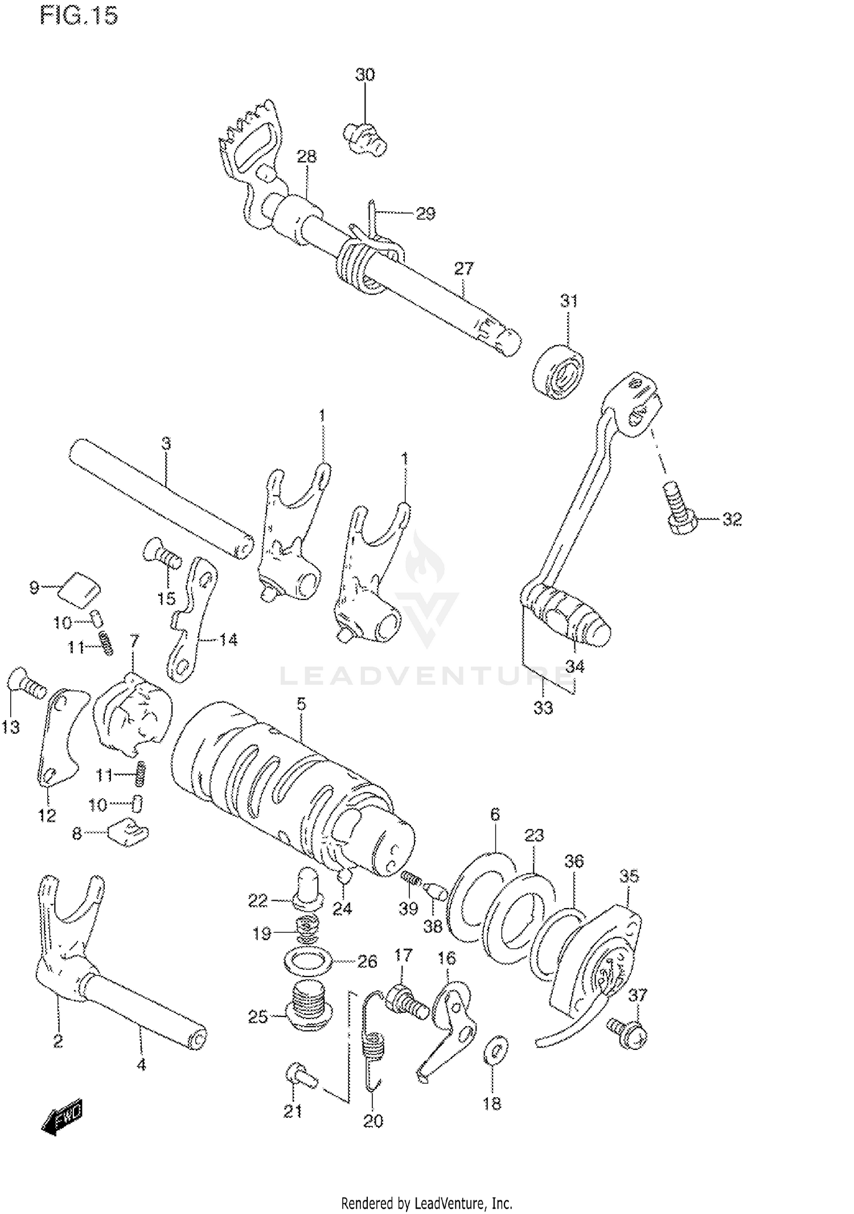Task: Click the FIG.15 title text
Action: pyautogui.click(x=79, y=16)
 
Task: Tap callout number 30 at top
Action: pyautogui.click(x=365, y=75)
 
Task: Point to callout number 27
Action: pyautogui.click(x=464, y=268)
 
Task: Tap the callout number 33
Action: pyautogui.click(x=543, y=708)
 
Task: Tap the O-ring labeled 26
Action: pyautogui.click(x=307, y=962)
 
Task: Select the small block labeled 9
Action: pyautogui.click(x=79, y=586)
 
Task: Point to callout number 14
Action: pyautogui.click(x=228, y=640)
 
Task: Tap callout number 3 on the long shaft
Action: pyautogui.click(x=166, y=443)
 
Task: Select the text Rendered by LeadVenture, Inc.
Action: pyautogui.click(x=426, y=1203)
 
